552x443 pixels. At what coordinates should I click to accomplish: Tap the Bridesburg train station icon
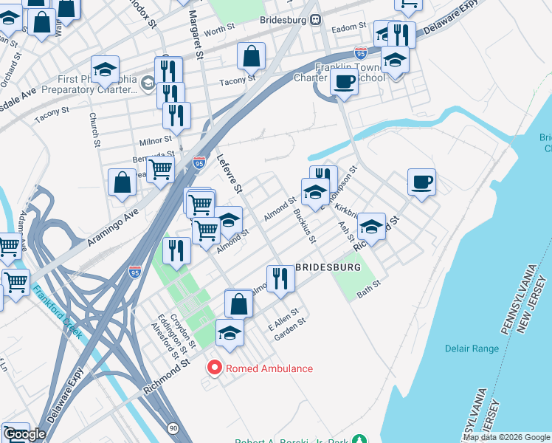pyautogui.click(x=315, y=20)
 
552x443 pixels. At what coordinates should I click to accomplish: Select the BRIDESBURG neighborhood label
pyautogui.click(x=328, y=267)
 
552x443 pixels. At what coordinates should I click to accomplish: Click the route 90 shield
pyautogui.click(x=172, y=427)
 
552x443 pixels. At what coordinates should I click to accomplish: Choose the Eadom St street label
pyautogui.click(x=349, y=27)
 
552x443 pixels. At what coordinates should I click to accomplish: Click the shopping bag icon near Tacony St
pyautogui.click(x=251, y=55)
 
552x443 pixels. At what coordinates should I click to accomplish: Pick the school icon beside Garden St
pyautogui.click(x=230, y=333)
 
